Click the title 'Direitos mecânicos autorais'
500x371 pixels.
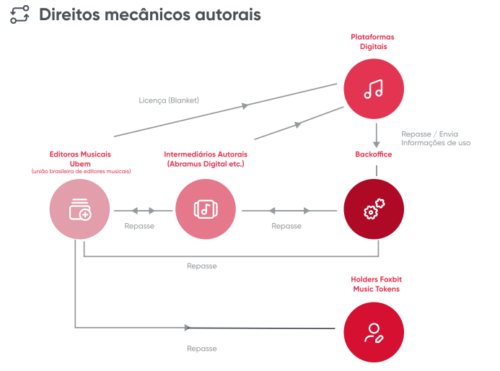[x=150, y=14]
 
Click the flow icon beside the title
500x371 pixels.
[x=19, y=14]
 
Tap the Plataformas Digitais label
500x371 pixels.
[x=373, y=42]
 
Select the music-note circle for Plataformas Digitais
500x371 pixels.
[x=374, y=89]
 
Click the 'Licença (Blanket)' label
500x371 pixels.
[x=169, y=100]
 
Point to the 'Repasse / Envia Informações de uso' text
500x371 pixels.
[x=436, y=139]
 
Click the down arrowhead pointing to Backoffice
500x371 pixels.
[x=377, y=144]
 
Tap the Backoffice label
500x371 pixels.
[x=374, y=154]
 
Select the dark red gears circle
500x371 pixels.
[x=374, y=209]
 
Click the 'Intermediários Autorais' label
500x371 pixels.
[x=206, y=154]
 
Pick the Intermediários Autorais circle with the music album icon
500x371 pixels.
[x=206, y=209]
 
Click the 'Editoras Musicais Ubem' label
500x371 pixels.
[x=80, y=159]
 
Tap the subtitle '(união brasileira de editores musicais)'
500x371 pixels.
[x=81, y=171]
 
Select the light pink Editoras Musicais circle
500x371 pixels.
[x=79, y=209]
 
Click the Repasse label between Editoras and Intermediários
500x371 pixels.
[x=139, y=226]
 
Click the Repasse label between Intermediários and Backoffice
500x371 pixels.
[x=286, y=226]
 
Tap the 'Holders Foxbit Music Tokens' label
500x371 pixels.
[x=377, y=284]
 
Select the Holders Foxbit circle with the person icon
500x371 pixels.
[x=374, y=332]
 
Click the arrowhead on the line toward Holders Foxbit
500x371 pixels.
[x=188, y=328]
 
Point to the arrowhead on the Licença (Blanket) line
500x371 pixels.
[x=245, y=106]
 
